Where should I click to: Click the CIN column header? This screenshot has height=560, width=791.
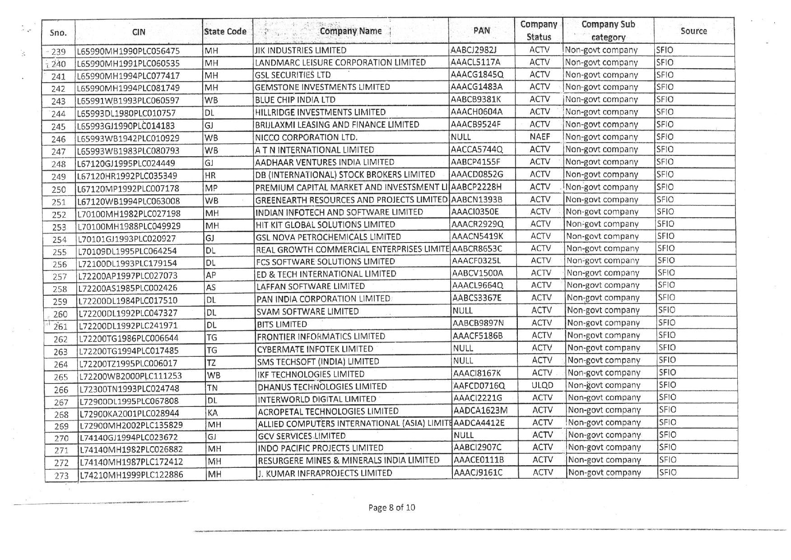(x=139, y=32)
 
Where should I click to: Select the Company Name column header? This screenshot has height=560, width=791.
(x=350, y=31)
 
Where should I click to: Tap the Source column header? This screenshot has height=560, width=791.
(x=693, y=31)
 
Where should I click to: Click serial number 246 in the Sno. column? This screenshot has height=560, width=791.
(x=59, y=139)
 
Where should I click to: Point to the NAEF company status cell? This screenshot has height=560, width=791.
(x=540, y=136)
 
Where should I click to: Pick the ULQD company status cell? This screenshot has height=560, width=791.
(x=542, y=385)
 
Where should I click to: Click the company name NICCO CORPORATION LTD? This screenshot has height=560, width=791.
(x=306, y=137)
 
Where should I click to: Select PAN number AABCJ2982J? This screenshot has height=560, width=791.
(x=476, y=50)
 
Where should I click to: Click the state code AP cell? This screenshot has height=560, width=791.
(x=211, y=275)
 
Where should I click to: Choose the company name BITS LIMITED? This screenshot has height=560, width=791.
(x=282, y=324)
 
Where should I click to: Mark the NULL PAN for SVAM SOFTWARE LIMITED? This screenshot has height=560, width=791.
(x=462, y=310)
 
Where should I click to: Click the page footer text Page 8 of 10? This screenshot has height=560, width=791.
(x=391, y=507)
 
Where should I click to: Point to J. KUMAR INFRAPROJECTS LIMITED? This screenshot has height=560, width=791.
(x=325, y=473)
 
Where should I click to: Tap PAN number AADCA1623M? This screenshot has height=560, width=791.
(x=480, y=410)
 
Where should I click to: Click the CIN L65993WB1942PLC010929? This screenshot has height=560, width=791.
(x=128, y=138)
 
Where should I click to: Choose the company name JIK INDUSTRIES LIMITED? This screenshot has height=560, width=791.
(x=301, y=50)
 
